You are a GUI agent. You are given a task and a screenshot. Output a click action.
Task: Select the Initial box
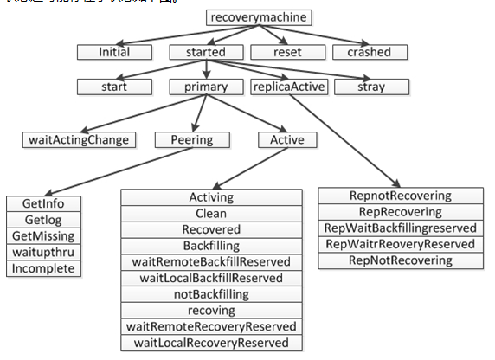click(x=113, y=51)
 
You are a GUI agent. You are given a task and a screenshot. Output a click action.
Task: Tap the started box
click(x=205, y=51)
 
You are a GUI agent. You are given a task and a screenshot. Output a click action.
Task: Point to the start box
click(x=113, y=86)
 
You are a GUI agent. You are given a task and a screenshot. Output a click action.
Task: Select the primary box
click(x=205, y=86)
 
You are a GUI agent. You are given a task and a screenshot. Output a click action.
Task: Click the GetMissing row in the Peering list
click(x=42, y=236)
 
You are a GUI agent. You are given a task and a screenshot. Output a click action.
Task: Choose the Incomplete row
click(x=42, y=268)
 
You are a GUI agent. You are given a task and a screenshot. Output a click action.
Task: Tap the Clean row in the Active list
click(x=211, y=214)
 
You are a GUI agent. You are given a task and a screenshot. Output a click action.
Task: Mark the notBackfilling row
click(x=211, y=294)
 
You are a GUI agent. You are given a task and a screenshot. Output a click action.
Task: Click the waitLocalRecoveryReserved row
click(x=211, y=344)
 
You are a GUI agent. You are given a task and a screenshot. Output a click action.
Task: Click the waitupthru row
click(x=42, y=252)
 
